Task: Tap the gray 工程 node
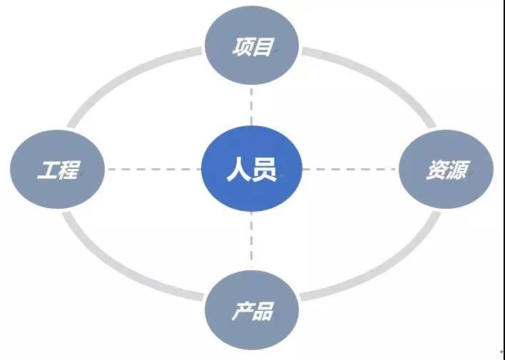pos(58,170)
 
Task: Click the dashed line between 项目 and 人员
pos(252,107)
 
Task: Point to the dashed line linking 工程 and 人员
pos(153,170)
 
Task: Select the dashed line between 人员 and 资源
pos(350,170)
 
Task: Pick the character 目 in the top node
pos(263,47)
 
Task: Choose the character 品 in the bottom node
pos(263,312)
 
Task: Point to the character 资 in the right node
pos(436,171)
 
